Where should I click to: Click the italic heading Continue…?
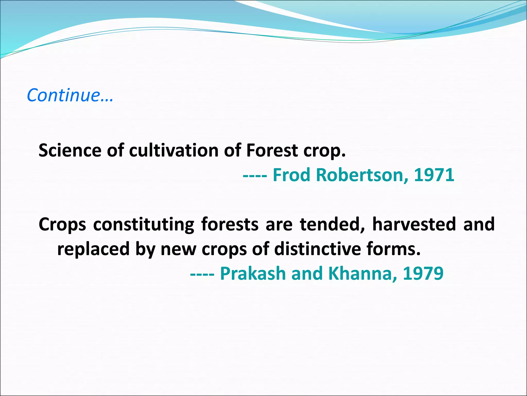70,95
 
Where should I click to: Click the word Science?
70,150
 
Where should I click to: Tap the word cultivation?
174,150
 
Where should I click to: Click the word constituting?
143,224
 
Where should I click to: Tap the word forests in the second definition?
230,224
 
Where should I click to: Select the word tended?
332,224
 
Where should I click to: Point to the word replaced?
93,249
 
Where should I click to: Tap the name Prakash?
253,274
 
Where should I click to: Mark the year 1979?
423,274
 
